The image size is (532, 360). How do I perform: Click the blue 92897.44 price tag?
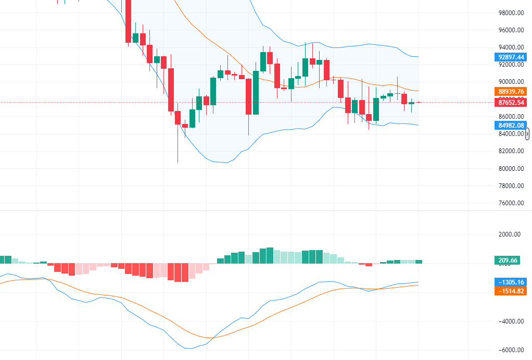click(x=510, y=56)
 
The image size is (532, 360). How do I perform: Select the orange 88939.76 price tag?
click(x=510, y=91)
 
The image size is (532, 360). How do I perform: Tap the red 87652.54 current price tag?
click(x=510, y=103)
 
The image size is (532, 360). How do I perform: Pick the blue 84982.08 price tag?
click(x=510, y=125)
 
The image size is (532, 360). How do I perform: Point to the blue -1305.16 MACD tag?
click(x=510, y=282)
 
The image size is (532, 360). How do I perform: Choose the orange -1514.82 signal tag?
click(x=510, y=291)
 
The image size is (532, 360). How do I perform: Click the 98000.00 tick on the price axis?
click(x=510, y=13)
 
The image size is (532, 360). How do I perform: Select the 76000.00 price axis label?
click(x=510, y=203)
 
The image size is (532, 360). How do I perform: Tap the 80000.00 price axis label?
click(x=510, y=168)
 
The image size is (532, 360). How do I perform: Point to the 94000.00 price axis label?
click(x=510, y=47)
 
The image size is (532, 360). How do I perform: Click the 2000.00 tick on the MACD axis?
click(x=510, y=234)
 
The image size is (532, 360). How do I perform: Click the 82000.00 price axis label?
click(x=510, y=151)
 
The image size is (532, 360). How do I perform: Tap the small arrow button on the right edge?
click(x=527, y=134)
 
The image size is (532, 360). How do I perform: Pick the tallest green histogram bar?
click(x=270, y=256)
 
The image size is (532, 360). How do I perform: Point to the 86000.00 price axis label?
click(x=510, y=116)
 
